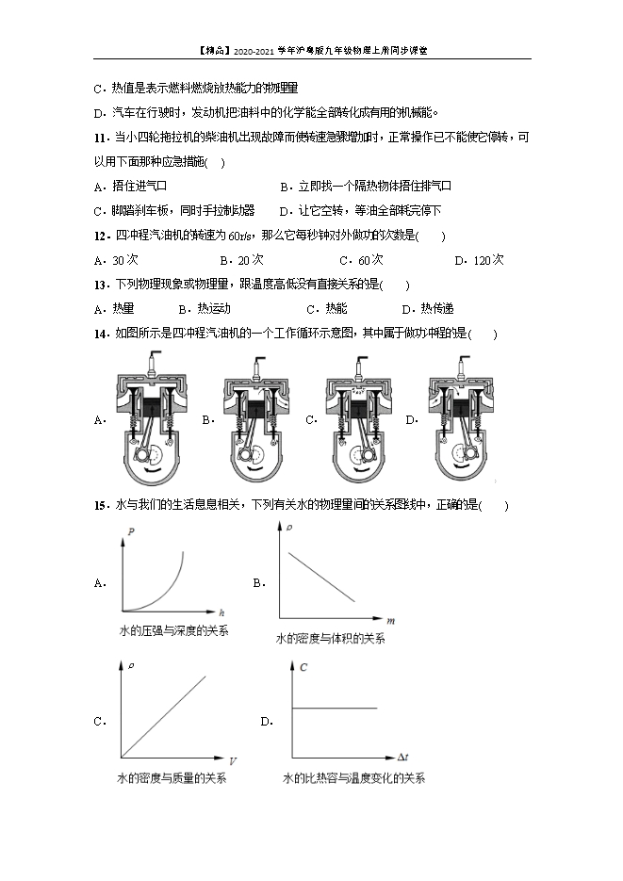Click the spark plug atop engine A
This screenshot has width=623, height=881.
click(151, 360)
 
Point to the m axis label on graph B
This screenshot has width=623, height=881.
click(389, 621)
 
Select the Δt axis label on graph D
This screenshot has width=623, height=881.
click(402, 757)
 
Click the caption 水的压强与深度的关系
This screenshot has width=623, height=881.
click(173, 629)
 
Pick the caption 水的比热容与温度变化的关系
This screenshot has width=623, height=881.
click(353, 778)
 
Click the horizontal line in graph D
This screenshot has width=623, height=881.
click(336, 708)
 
